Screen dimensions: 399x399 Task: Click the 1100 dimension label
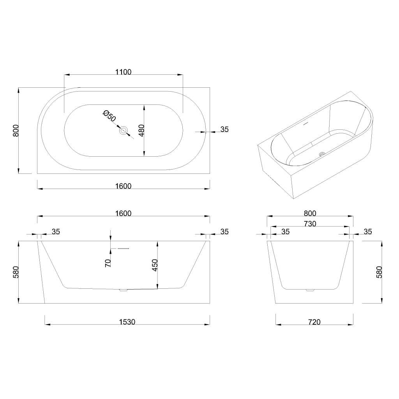124,72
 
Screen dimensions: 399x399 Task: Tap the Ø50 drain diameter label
109,116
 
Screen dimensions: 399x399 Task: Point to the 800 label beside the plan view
16,130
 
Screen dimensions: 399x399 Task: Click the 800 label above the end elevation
310,213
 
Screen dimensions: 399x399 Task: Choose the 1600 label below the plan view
124,186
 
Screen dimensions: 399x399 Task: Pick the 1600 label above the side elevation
124,213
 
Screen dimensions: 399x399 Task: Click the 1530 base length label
127,322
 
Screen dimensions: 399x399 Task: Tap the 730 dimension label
310,224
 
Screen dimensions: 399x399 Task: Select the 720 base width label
314,322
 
